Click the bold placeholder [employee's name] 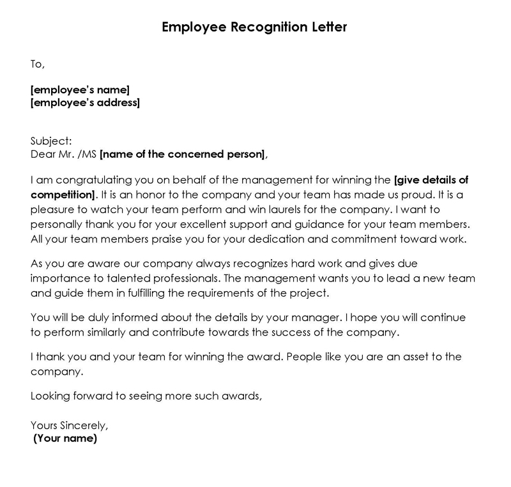80,90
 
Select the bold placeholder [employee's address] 85,102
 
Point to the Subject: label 51,141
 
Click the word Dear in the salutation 43,154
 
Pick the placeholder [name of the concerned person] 181,154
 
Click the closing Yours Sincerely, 70,425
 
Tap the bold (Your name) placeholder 65,438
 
